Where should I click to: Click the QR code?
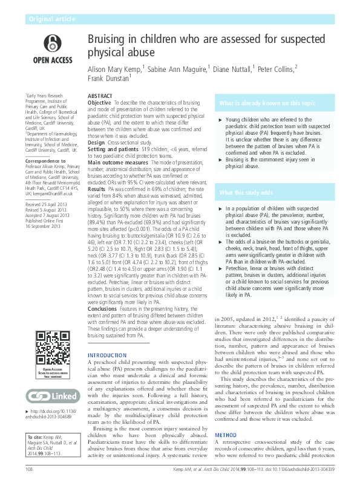[x=52, y=347]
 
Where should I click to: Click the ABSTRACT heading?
[x=100, y=97]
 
